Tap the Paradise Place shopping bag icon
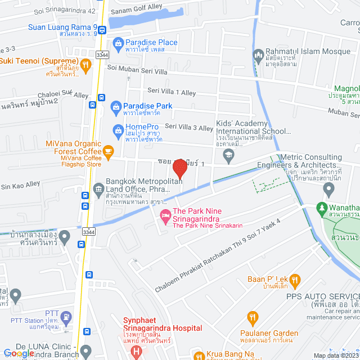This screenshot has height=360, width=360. point(118,43)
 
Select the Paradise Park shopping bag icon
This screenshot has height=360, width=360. point(115,106)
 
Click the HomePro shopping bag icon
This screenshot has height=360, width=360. point(118,131)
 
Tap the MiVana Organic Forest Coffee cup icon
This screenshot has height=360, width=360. point(108,151)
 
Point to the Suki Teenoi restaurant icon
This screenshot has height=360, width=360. point(85,65)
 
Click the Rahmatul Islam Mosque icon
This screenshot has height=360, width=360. point(258,55)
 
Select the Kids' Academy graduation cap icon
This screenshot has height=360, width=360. point(228,154)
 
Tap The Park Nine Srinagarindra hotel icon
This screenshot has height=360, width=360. point(165,215)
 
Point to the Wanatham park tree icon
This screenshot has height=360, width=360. point(322,208)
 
